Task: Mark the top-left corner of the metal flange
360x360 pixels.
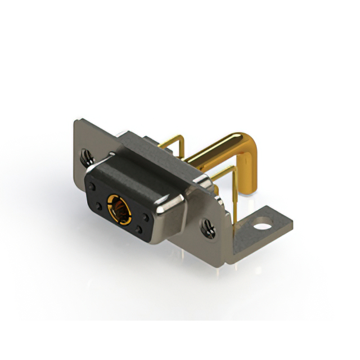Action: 77,123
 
